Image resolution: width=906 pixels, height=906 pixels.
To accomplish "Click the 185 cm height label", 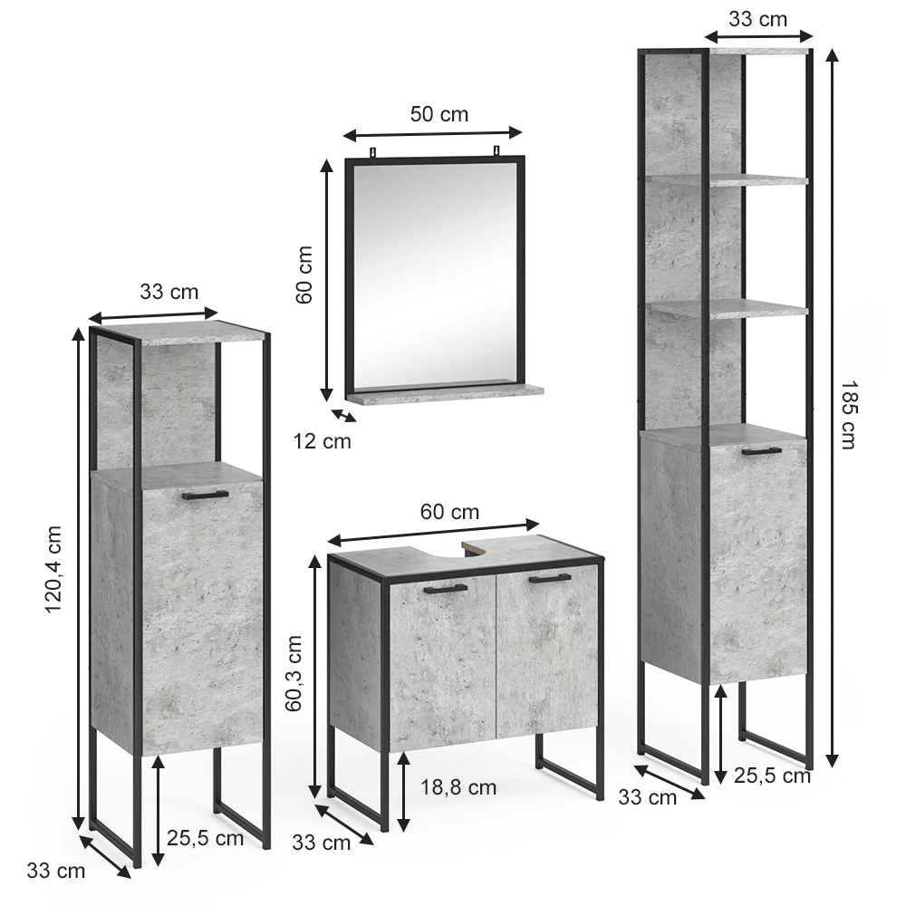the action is click(x=847, y=414).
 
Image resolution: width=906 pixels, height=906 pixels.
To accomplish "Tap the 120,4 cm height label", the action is click(x=53, y=569).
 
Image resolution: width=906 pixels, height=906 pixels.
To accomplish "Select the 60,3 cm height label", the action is click(x=294, y=672).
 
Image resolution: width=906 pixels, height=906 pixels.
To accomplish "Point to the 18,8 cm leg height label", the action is click(x=458, y=787).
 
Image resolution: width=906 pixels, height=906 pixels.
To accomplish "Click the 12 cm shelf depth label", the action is click(x=322, y=441).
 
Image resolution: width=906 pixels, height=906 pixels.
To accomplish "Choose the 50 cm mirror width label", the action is click(x=439, y=114).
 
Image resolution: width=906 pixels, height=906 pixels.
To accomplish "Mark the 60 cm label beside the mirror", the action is click(x=304, y=275).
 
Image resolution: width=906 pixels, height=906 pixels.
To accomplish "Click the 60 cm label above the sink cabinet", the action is click(x=449, y=511).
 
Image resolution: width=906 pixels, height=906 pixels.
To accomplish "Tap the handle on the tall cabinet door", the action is click(x=762, y=451).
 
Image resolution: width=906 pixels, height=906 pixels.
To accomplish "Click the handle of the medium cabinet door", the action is click(x=205, y=495).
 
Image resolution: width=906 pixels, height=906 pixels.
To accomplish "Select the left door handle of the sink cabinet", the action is click(x=445, y=589).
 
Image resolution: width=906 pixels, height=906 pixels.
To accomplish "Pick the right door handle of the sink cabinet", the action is click(x=550, y=578).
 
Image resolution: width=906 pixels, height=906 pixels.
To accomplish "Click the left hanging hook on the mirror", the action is click(x=373, y=152).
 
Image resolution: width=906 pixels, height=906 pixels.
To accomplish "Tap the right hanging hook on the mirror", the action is click(x=496, y=151).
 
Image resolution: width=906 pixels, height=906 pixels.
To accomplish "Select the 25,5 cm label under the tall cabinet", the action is click(x=772, y=776).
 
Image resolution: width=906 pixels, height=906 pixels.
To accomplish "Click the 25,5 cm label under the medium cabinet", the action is click(x=205, y=837).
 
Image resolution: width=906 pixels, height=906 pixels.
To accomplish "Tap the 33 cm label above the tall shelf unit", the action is click(x=757, y=19).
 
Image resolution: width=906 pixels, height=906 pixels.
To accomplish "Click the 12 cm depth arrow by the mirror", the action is click(x=343, y=416).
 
